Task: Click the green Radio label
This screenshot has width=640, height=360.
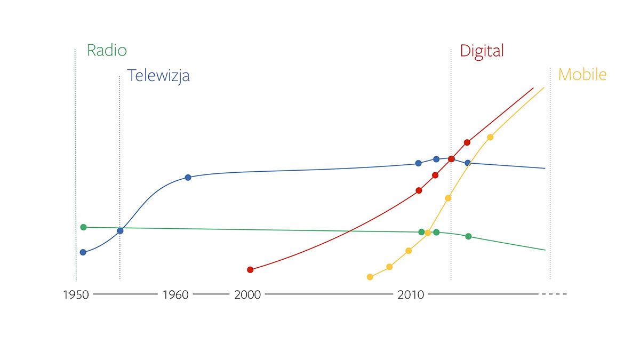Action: pos(107,51)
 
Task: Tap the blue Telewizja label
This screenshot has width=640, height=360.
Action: pos(158,76)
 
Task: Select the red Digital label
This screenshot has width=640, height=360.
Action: pos(482,51)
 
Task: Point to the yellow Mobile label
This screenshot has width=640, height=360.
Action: pos(582,74)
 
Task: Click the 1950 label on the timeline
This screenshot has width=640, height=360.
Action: pos(76,294)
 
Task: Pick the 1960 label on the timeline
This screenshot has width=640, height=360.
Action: pos(175,294)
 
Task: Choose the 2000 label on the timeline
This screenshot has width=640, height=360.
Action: pos(247,294)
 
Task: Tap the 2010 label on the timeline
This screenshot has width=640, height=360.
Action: pos(411,294)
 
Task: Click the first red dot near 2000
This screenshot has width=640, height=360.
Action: pos(250,269)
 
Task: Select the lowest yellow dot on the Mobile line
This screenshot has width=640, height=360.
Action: pos(370,277)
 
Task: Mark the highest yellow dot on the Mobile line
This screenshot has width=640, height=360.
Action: pos(490,137)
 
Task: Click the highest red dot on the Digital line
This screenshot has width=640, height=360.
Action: pos(467,142)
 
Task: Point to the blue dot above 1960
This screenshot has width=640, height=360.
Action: pos(188,177)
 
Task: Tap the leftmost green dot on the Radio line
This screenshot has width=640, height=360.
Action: pos(83,227)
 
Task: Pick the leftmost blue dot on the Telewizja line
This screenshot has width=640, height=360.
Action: pos(83,252)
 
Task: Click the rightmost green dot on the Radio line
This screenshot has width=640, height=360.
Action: pos(468,236)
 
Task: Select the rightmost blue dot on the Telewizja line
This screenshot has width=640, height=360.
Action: pos(468,163)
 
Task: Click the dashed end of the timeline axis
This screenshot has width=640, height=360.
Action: pos(554,294)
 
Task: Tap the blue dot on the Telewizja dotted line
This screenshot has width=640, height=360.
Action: pos(120,231)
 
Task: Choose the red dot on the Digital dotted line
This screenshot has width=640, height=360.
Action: pos(451,159)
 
